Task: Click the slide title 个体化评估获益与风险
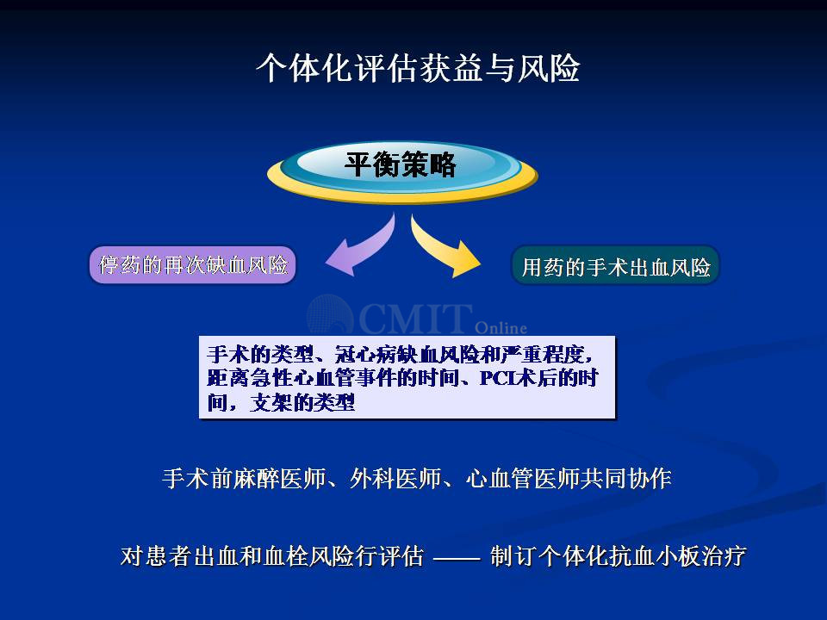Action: click(418, 67)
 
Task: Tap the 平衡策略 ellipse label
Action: click(400, 164)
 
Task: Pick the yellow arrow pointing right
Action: click(445, 247)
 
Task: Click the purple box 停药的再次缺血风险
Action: click(192, 264)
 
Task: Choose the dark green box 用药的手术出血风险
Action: click(615, 265)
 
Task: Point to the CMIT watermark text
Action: click(415, 318)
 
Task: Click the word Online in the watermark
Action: click(501, 328)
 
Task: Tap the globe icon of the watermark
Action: click(330, 315)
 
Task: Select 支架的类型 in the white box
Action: click(302, 402)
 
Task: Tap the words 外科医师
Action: click(395, 478)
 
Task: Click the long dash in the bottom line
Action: click(457, 557)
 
